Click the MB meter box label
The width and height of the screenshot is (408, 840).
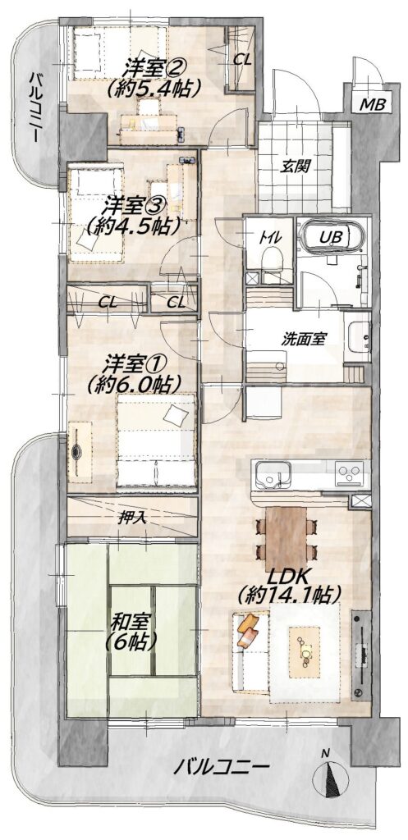(x=372, y=104)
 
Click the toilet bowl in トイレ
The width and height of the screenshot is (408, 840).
(x=271, y=261)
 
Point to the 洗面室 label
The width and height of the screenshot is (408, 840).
(x=304, y=339)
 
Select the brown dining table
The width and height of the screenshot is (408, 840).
(x=286, y=538)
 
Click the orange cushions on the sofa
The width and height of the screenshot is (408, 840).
(x=248, y=630)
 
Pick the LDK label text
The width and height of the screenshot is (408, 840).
(x=287, y=578)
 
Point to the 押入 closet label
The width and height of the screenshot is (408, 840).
(x=132, y=518)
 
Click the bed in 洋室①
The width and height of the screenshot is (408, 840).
(x=155, y=440)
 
